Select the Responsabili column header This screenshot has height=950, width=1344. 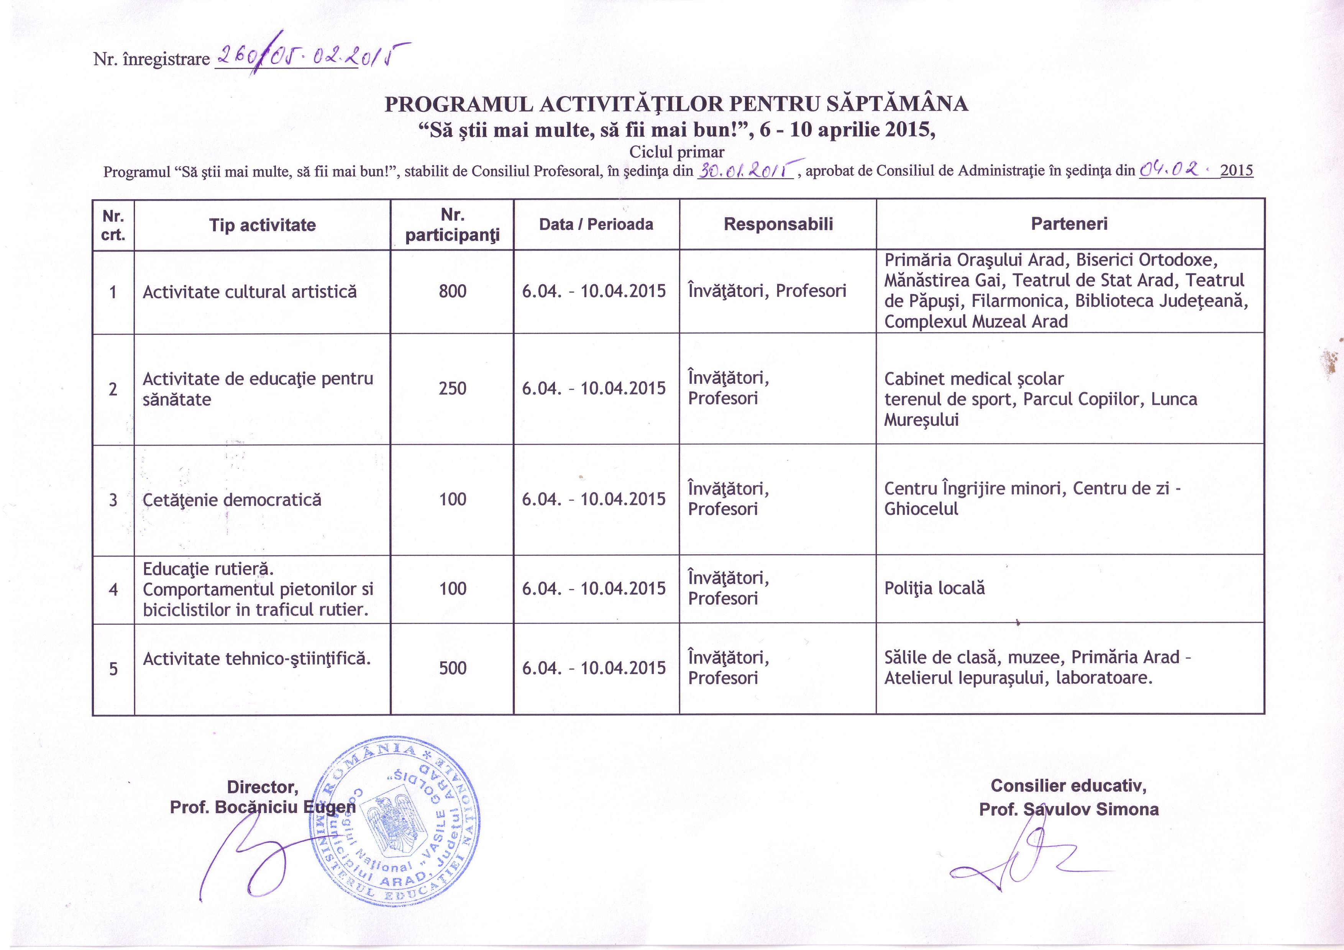click(x=778, y=224)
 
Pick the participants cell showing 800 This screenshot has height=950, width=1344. click(x=453, y=291)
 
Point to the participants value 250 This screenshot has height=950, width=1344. click(x=453, y=388)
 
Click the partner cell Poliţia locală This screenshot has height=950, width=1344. click(x=934, y=588)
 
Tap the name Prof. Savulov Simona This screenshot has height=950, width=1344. click(x=1069, y=809)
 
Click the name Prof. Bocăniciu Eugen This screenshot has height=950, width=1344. click(x=262, y=808)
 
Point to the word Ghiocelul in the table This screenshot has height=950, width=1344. click(x=921, y=509)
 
